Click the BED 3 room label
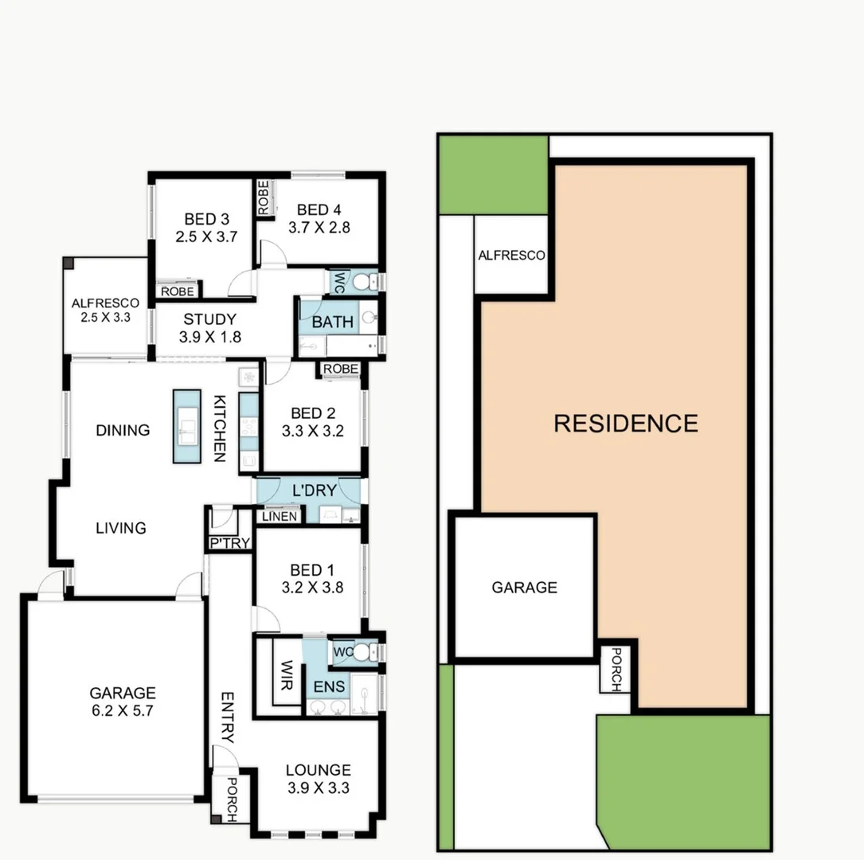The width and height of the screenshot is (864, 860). click(x=200, y=219)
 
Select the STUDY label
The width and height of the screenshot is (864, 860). click(x=209, y=320)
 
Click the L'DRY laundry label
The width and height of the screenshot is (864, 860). click(x=313, y=491)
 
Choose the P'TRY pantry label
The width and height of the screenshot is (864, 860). click(x=229, y=543)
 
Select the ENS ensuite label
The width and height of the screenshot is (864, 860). click(x=329, y=686)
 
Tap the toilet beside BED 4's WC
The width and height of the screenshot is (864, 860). click(x=362, y=281)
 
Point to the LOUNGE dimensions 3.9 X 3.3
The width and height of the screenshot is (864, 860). click(x=318, y=788)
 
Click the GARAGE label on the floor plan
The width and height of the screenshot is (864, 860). click(x=123, y=694)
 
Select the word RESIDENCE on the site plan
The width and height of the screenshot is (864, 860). click(x=625, y=423)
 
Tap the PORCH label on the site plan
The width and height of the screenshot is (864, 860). click(x=616, y=668)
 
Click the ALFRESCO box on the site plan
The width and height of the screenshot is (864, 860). click(x=511, y=256)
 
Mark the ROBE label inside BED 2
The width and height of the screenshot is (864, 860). click(x=340, y=369)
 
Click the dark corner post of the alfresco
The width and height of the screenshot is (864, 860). click(x=69, y=264)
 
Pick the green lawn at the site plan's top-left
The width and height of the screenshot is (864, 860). click(x=493, y=174)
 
